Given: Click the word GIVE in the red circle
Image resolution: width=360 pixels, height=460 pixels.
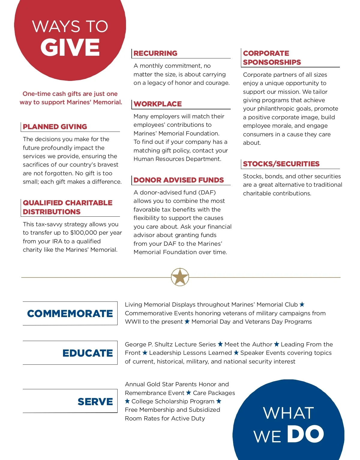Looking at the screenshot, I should coord(70,47).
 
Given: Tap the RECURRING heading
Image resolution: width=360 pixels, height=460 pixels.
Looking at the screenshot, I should coord(155,53).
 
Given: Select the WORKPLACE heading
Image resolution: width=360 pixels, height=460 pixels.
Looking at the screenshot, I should coord(157,104).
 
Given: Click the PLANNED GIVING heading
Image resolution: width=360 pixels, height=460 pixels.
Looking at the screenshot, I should coord(55,127).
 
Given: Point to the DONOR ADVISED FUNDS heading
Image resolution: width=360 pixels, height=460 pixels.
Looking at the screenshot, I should coord(178,180).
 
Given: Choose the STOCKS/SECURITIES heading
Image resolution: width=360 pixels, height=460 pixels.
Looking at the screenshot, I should coord(281,164).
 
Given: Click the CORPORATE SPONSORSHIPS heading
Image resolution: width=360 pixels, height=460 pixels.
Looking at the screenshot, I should coord(272,58).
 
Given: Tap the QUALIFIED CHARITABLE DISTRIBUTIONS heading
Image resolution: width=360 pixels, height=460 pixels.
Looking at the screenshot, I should coord(67,207).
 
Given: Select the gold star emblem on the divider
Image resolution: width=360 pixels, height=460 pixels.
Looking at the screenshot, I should coord(180,277).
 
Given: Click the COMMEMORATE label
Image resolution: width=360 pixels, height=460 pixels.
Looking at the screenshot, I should coord(70,313).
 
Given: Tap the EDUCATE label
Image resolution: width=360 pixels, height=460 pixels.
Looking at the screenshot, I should coord(88,353).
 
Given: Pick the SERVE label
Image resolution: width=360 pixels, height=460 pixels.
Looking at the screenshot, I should coord(95,402).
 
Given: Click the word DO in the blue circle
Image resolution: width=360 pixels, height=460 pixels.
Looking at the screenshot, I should coord(305,434).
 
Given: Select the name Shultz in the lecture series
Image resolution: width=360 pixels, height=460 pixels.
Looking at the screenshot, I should coord(163,344).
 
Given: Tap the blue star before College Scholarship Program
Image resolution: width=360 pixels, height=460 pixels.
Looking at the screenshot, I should coord(127,401).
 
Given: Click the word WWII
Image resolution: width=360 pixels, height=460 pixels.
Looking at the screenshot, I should coord(133,322).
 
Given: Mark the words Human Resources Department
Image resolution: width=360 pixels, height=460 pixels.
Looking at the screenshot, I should coord(177,159).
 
